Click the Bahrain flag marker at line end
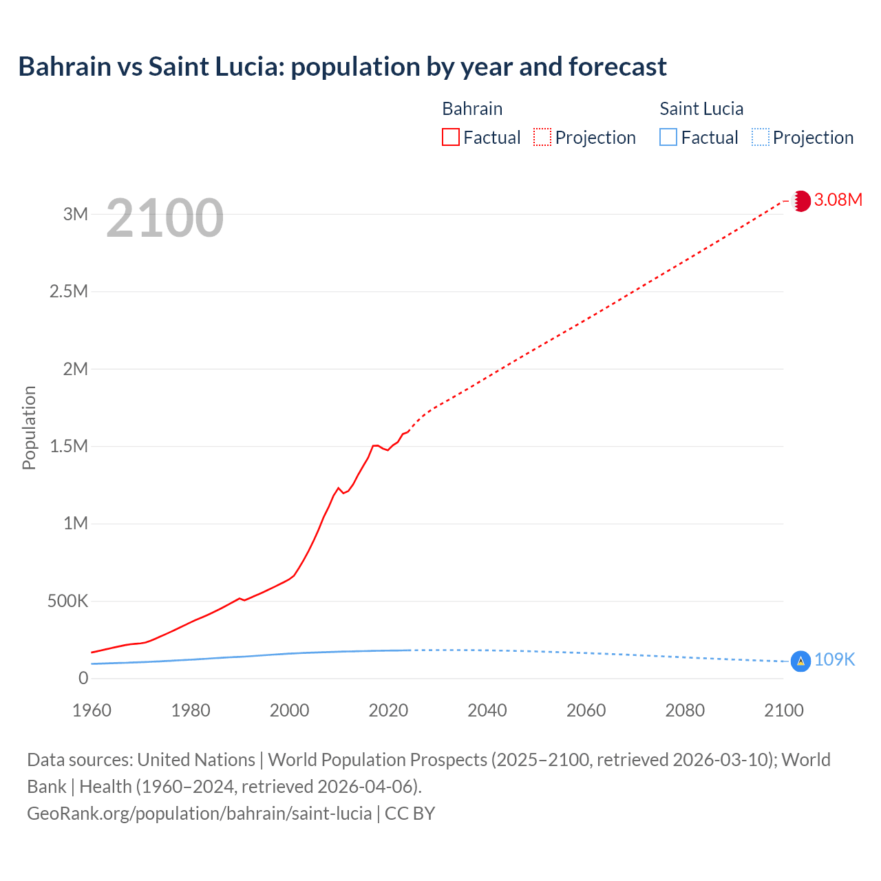click(x=800, y=201)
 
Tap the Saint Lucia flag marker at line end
click(x=800, y=661)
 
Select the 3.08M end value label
click(x=838, y=200)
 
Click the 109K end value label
click(x=834, y=660)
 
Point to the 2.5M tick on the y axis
click(x=69, y=291)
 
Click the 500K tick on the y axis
click(x=67, y=602)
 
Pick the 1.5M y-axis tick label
click(x=69, y=446)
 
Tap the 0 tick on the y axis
click(x=83, y=679)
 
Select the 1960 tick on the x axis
click(x=92, y=710)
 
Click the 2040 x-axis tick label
click(x=487, y=710)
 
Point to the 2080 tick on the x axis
click(x=685, y=710)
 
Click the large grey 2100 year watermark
click(x=164, y=218)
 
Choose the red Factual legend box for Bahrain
click(x=450, y=138)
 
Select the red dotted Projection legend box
click(x=542, y=138)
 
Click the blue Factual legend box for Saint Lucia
click(x=668, y=138)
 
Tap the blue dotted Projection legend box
click(x=761, y=138)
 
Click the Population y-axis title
click(x=29, y=428)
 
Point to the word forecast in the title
click(x=617, y=67)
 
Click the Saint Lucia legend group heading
click(x=701, y=109)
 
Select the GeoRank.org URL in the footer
click(x=200, y=814)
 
